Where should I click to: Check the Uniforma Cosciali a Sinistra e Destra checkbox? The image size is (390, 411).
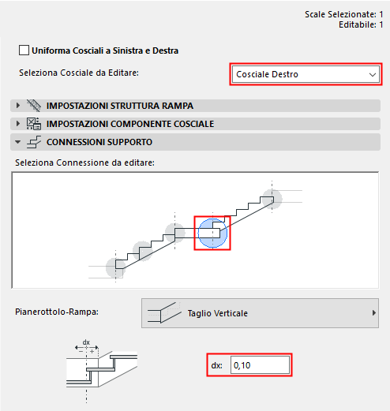pos(24,50)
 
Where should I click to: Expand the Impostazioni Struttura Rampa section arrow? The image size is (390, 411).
pos(17,106)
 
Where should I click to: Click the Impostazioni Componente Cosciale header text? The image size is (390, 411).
pos(129,124)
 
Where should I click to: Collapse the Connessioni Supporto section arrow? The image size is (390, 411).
pos(17,142)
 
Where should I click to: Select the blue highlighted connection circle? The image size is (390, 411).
pos(212,233)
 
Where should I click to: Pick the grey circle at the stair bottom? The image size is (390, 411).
pos(116,269)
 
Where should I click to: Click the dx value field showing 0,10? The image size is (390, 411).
pos(259,365)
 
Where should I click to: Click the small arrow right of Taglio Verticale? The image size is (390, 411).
pos(373,313)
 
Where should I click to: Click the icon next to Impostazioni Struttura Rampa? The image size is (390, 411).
pos(34,106)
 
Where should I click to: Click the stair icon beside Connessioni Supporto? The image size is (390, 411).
pos(34,142)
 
